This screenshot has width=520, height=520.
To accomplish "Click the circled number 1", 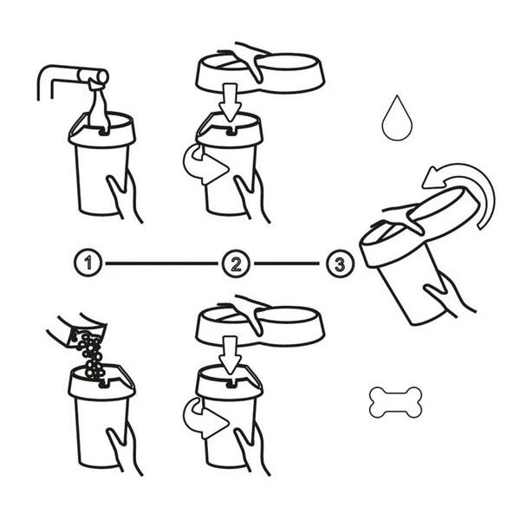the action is [x=88, y=263].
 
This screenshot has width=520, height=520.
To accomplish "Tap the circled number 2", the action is [x=236, y=263].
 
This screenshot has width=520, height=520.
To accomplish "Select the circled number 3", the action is [x=341, y=264].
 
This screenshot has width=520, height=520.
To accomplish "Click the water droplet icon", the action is [x=397, y=119].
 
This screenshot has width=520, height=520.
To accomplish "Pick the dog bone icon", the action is [x=396, y=402].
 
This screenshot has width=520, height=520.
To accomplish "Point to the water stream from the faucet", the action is [x=99, y=106].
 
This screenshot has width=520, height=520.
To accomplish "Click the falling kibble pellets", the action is [x=91, y=354].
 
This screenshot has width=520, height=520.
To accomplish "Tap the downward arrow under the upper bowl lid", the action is [x=231, y=102].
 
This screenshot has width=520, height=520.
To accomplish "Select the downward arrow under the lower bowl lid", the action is [x=231, y=355].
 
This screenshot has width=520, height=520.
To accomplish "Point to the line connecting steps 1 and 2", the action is [x=161, y=263].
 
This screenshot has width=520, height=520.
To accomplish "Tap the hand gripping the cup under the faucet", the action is [x=124, y=196].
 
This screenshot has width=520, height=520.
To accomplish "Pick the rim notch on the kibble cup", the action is [x=105, y=384].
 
